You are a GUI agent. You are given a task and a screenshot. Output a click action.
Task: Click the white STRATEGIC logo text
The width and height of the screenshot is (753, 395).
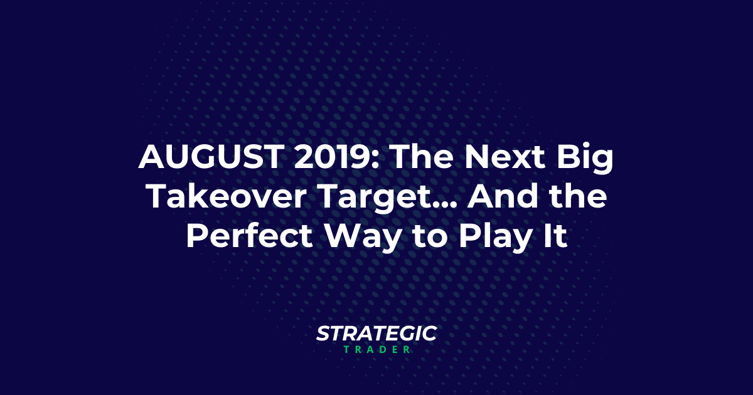point(376,334)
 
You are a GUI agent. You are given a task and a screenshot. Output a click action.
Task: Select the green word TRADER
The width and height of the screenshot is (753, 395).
point(376,350)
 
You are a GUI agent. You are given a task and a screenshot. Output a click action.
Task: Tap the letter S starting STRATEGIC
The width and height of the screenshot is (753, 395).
point(323,334)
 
